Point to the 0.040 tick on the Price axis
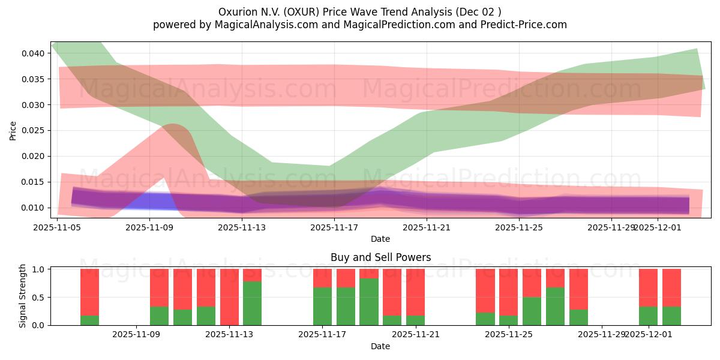(x=32, y=53)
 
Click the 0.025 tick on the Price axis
(x=32, y=130)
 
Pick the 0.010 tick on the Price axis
(x=32, y=208)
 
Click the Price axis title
(x=13, y=130)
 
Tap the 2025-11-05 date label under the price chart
(x=57, y=227)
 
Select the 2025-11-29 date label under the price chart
(x=611, y=227)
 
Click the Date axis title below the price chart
(x=380, y=239)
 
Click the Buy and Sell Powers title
(x=380, y=257)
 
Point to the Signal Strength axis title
(x=23, y=296)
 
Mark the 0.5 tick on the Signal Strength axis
(x=38, y=297)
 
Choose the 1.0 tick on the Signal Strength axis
(x=38, y=269)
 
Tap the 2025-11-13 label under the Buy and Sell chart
(x=229, y=334)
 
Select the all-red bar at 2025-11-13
(x=229, y=297)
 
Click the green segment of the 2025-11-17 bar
(x=322, y=307)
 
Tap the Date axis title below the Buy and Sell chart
(x=380, y=346)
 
